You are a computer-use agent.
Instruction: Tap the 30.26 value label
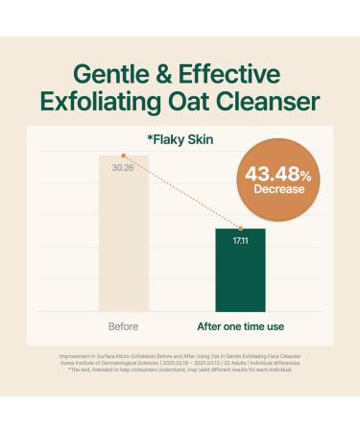point(123,167)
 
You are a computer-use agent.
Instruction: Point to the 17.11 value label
point(239,240)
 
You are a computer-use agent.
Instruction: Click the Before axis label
point(124,325)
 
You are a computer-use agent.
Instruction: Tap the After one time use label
point(239,325)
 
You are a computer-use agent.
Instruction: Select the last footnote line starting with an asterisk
point(180,369)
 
